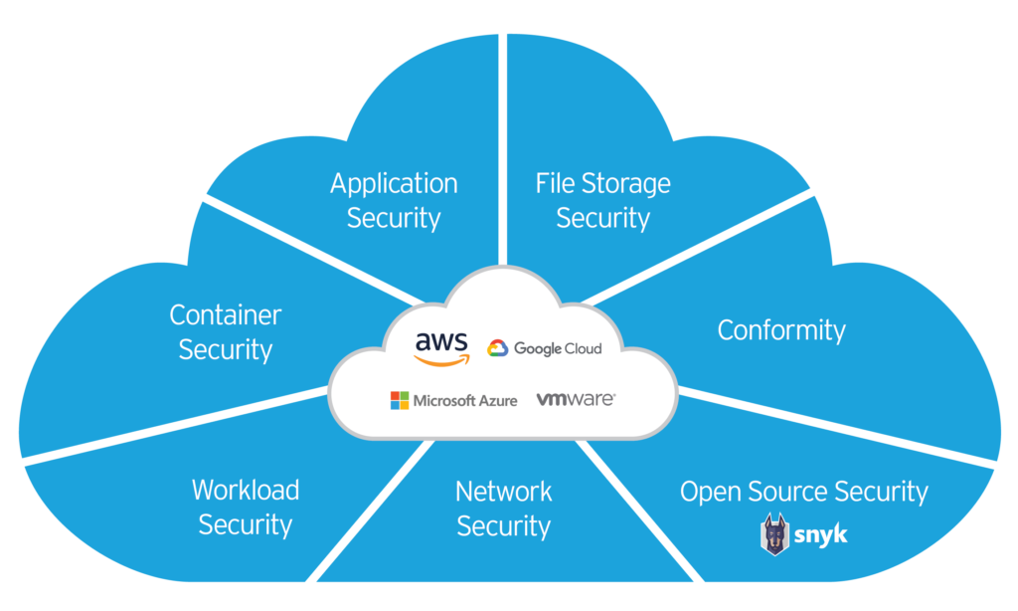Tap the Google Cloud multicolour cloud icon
click(x=498, y=348)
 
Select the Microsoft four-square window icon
click(x=400, y=400)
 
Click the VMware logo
click(x=576, y=399)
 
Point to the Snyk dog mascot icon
click(x=774, y=534)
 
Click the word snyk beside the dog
click(x=820, y=535)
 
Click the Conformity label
click(x=781, y=330)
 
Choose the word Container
click(x=226, y=315)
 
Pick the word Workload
click(x=246, y=490)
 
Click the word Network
click(x=503, y=491)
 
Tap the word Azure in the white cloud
click(x=493, y=400)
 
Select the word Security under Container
click(x=226, y=350)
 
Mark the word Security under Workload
click(x=246, y=524)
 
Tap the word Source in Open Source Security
click(x=786, y=492)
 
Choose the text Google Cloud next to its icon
click(x=558, y=348)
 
